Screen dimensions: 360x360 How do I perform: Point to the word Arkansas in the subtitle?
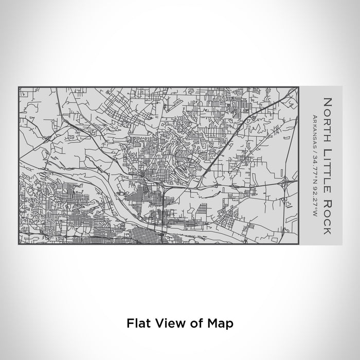point(314,132)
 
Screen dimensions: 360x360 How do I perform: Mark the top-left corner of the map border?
point(19,87)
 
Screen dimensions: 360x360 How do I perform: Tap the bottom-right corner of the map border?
point(299,244)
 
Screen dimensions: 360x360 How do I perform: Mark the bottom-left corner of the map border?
point(19,244)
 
